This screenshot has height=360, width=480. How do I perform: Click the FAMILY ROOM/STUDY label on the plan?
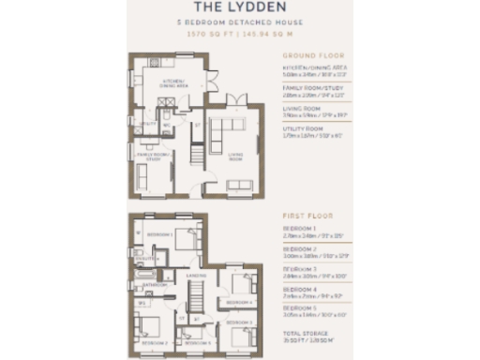tap(152, 156)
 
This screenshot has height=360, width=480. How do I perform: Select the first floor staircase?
tap(198, 300)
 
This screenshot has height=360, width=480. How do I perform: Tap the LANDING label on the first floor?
tap(197, 275)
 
